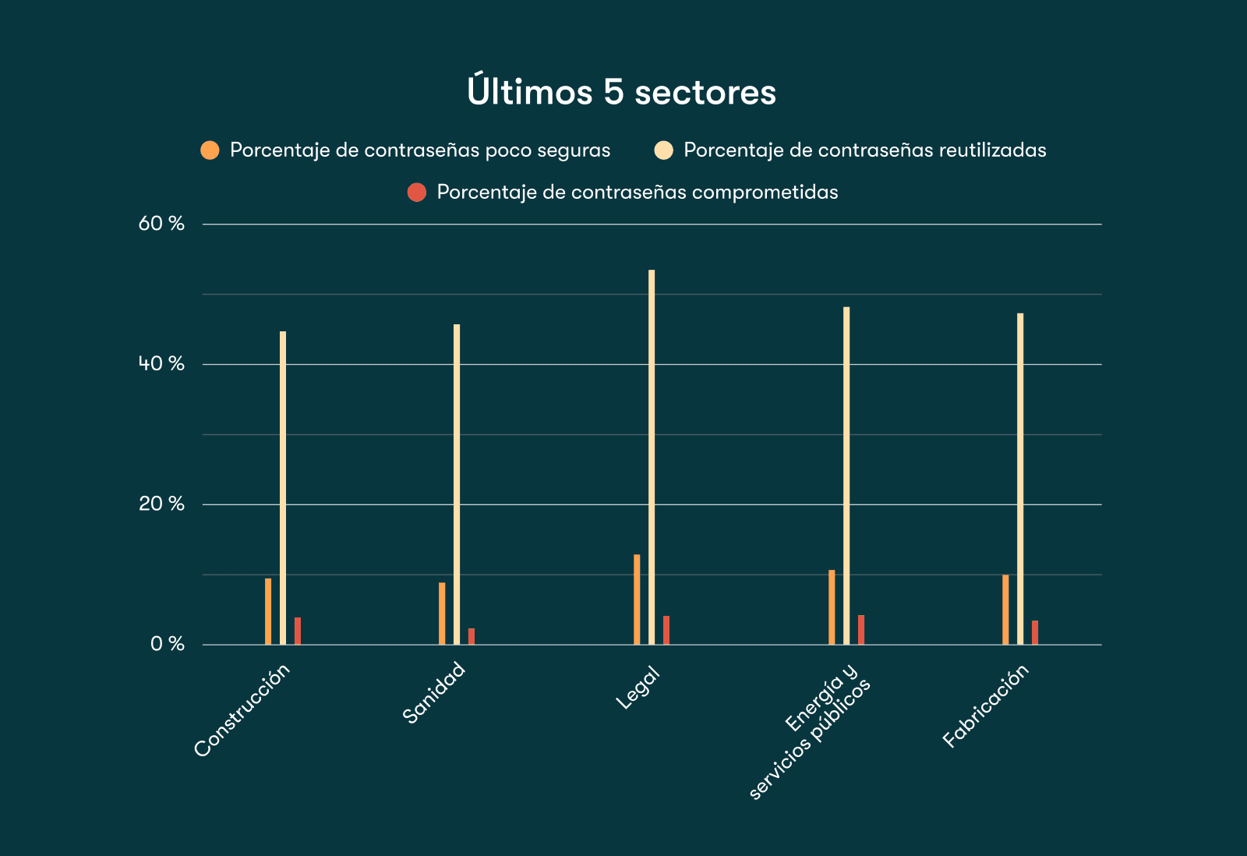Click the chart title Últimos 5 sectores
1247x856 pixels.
[621, 92]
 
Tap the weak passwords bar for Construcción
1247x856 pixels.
[268, 611]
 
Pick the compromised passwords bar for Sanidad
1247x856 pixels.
[472, 636]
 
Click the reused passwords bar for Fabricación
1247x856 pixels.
[1020, 479]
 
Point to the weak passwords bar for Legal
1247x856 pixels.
[637, 600]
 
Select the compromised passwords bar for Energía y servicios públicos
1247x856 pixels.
[861, 630]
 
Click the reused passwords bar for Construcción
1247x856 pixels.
[283, 488]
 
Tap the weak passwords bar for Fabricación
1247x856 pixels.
[1005, 610]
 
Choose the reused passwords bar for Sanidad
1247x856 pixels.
[457, 484]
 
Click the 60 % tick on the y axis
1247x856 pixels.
[161, 224]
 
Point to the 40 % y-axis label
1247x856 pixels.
[161, 364]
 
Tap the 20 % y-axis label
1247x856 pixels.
[161, 504]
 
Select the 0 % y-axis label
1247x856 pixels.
[167, 644]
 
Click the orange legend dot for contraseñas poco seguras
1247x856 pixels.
[210, 150]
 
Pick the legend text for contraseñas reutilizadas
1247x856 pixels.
[864, 150]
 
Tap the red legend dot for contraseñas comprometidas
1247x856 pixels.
[417, 193]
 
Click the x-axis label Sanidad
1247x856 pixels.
[434, 692]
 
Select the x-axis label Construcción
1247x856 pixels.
[242, 709]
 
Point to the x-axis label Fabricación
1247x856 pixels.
[986, 706]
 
